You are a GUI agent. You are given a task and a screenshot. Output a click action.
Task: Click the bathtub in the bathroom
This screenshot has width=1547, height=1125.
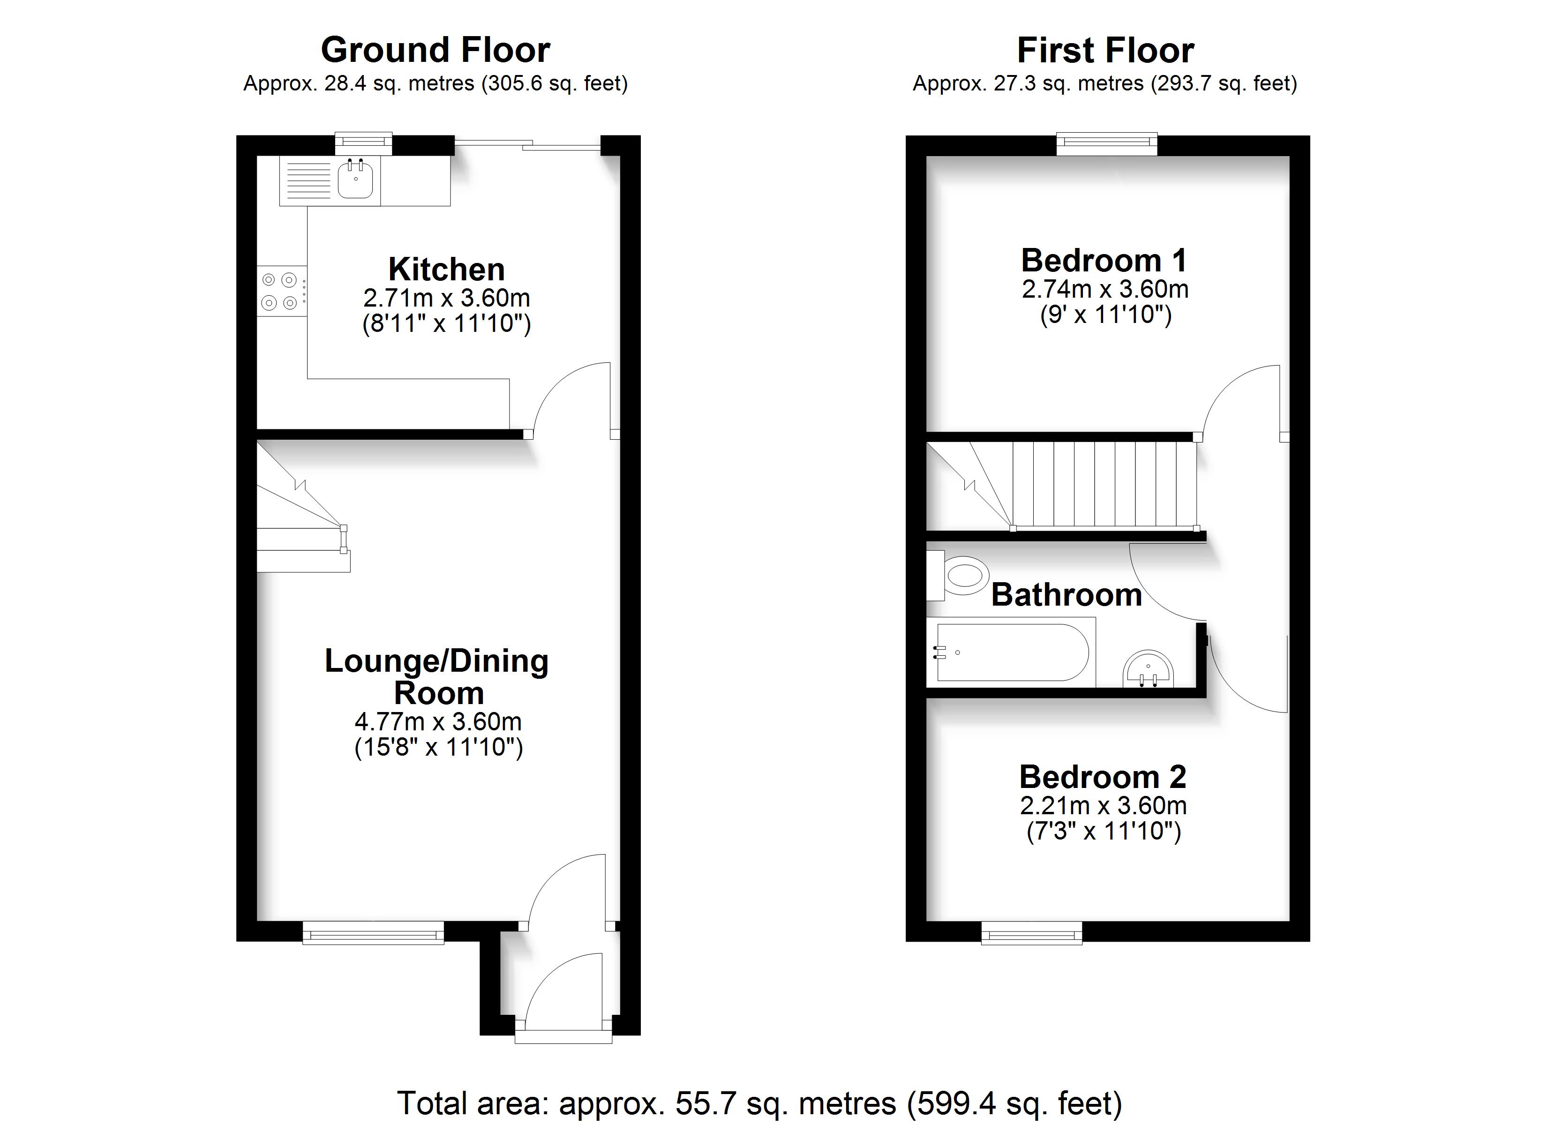[1011, 652]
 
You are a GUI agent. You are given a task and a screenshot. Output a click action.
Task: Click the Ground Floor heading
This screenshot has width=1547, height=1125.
[436, 50]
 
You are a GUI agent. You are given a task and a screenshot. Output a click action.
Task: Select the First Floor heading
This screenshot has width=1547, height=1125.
[1106, 50]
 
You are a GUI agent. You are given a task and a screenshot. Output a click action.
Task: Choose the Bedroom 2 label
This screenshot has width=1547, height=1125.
[1103, 776]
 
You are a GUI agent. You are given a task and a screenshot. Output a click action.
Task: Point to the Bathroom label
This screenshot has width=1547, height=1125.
[1067, 594]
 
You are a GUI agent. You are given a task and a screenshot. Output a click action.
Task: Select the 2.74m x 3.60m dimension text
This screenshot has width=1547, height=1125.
[1105, 289]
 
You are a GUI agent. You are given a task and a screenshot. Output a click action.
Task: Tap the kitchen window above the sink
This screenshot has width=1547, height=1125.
[364, 143]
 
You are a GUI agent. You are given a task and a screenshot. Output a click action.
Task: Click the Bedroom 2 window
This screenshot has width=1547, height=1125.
[1031, 933]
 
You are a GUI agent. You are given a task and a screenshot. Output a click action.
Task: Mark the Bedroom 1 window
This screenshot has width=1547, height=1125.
[1107, 143]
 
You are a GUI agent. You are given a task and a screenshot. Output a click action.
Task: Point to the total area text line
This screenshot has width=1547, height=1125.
[760, 1103]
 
